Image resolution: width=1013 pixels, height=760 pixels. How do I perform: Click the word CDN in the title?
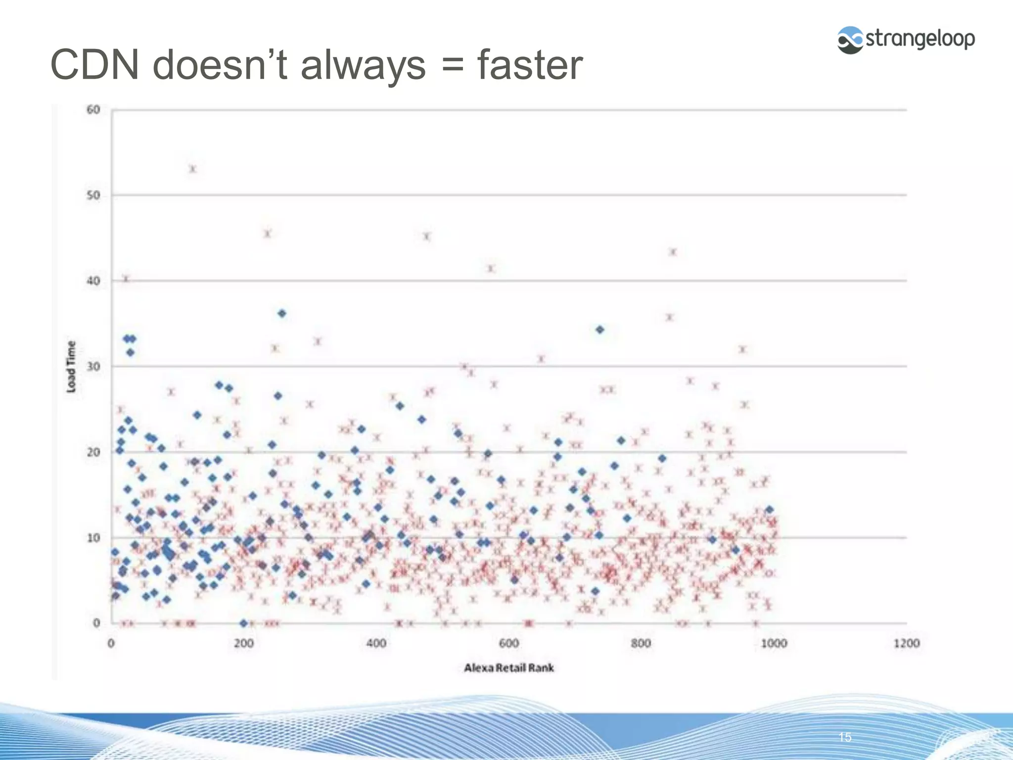(95, 65)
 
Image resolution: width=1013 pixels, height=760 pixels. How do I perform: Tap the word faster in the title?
(530, 65)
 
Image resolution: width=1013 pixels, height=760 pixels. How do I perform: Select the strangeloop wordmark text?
(920, 39)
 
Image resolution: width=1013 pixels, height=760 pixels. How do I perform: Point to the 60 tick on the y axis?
(93, 109)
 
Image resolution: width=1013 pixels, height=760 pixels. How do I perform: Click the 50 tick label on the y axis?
(93, 195)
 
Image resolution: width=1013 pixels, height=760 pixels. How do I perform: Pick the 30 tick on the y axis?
(93, 367)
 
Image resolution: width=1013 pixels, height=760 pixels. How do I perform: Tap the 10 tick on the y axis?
(93, 538)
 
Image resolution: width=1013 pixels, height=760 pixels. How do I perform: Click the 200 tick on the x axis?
(243, 643)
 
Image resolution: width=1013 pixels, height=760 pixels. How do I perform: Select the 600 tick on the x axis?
(508, 643)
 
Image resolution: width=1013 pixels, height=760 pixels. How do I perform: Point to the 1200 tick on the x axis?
(906, 643)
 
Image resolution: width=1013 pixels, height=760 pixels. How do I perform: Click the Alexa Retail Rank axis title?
(508, 668)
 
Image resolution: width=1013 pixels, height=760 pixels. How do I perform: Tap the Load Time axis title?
(72, 367)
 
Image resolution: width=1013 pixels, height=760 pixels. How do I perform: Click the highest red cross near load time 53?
(193, 169)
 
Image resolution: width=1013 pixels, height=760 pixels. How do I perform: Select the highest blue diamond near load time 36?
(282, 313)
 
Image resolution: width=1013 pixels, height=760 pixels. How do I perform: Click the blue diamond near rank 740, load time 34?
(599, 330)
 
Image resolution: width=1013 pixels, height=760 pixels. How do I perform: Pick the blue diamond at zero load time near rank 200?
(243, 623)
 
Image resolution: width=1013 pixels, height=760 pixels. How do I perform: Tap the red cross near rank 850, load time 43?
(673, 252)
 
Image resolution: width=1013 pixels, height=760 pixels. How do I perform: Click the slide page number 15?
(845, 737)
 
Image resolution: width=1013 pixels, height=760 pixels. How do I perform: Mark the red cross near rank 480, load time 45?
(427, 236)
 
